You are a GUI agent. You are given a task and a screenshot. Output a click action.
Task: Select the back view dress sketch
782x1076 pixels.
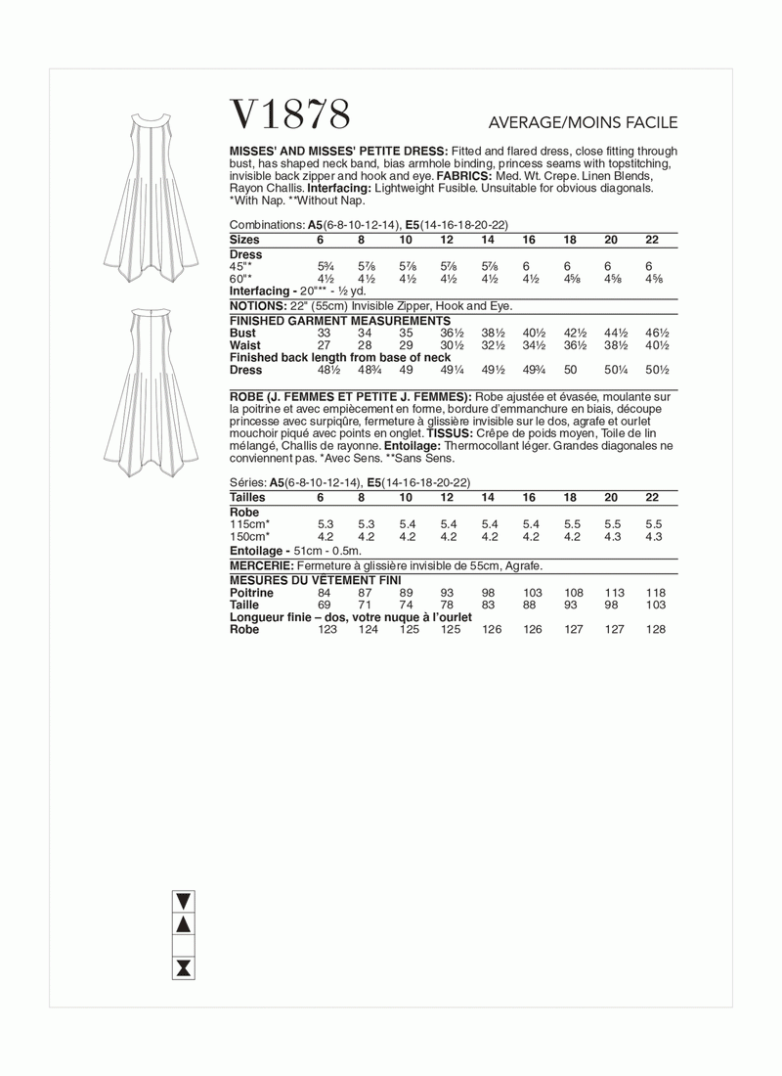150,390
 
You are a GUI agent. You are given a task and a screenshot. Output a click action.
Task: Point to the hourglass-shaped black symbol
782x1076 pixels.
183,968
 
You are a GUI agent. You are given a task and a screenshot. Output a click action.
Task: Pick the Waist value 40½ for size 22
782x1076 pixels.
657,345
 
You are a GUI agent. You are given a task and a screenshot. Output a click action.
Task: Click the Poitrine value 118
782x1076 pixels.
655,593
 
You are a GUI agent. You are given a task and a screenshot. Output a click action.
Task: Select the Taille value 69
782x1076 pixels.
326,605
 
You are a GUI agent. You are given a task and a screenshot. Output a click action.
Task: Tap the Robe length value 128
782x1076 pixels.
655,630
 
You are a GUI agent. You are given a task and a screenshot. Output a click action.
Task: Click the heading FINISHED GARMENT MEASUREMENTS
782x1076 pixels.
339,320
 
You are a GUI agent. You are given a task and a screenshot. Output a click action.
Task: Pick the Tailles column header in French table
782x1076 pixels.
248,498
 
